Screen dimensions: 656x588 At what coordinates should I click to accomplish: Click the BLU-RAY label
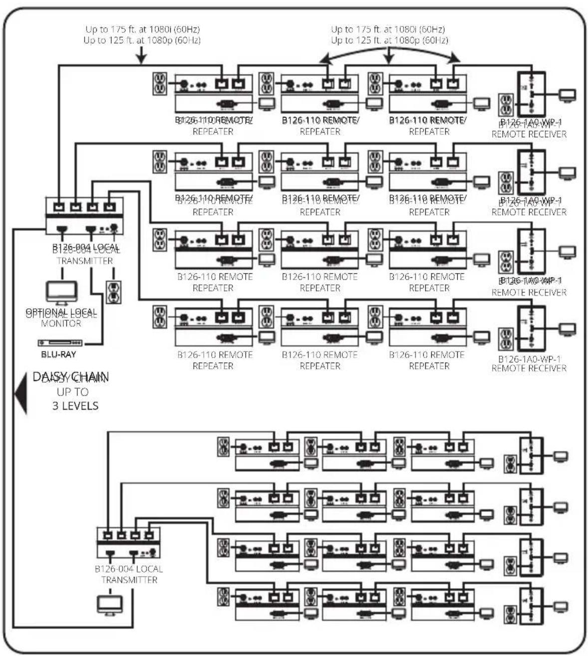[58, 355]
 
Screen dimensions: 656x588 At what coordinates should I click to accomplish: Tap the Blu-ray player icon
[60, 343]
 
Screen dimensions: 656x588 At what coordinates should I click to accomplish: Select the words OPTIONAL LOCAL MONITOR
[61, 318]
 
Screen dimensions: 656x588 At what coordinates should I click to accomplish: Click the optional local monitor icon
[61, 292]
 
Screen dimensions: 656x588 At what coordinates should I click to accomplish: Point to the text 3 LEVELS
[75, 406]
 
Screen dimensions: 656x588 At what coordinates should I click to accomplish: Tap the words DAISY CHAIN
[71, 377]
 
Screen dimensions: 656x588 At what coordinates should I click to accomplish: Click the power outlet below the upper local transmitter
[114, 292]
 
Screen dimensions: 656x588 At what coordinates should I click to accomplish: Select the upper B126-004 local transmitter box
[84, 216]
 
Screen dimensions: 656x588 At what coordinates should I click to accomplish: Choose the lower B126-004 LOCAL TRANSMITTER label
[129, 574]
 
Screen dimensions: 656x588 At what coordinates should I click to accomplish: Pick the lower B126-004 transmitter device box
[128, 543]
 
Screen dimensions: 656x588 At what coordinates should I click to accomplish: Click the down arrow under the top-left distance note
[142, 56]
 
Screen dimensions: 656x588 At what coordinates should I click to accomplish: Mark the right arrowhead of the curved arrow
[455, 59]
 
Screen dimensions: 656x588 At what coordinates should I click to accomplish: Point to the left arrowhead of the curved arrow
[325, 60]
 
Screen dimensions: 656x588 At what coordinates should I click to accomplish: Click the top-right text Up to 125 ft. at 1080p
[389, 40]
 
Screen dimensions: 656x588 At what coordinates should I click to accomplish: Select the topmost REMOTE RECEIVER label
[529, 134]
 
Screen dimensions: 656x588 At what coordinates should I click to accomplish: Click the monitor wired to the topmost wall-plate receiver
[567, 95]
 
